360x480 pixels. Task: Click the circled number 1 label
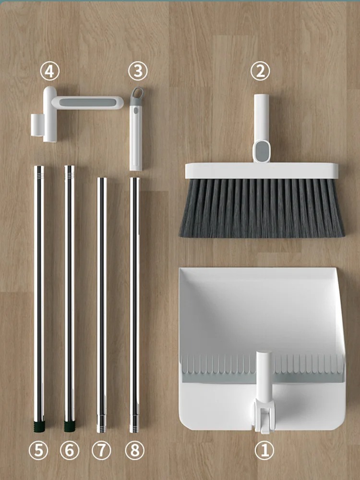(x=264, y=451)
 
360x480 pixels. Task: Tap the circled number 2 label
(x=260, y=72)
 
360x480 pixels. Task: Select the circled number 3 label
(x=138, y=72)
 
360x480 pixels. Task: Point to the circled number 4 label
(x=49, y=72)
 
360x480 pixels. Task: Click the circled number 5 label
(x=39, y=450)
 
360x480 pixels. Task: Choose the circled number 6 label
(x=70, y=450)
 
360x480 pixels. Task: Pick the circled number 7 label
(x=101, y=450)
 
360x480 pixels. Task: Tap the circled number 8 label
(x=134, y=450)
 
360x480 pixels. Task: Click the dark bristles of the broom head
(x=262, y=209)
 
